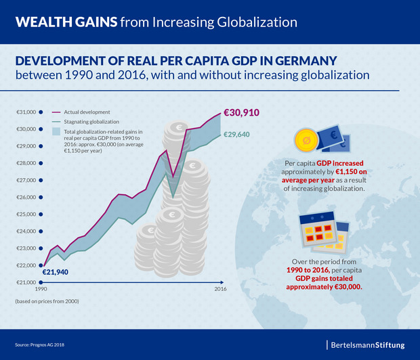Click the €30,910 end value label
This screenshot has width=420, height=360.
(x=240, y=113)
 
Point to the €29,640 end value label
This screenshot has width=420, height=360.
(x=236, y=135)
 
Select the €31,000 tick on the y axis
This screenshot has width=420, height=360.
(x=26, y=112)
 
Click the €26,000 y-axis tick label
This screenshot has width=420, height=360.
(x=26, y=198)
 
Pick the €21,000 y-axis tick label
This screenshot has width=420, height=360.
(x=26, y=283)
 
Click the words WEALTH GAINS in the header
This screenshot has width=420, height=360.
(x=65, y=22)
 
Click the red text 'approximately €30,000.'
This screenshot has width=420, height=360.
(x=329, y=286)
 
